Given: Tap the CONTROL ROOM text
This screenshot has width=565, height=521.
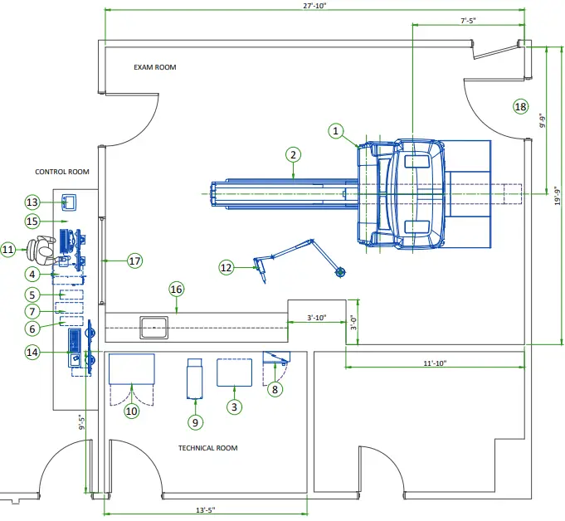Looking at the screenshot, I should pos(62,173).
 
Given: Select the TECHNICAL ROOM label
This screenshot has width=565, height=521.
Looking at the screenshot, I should pos(208,448).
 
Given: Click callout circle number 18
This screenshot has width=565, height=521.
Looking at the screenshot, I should pos(520,106).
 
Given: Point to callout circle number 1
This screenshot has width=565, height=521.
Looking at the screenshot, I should pos(336,130).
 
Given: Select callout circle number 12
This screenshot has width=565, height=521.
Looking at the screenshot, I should pos(227,267).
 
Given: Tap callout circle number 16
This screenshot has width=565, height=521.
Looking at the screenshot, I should pos(176,289).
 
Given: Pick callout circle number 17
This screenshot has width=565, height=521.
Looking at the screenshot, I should pos(135,260).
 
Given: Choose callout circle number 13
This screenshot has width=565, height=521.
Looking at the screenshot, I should pos(33,202).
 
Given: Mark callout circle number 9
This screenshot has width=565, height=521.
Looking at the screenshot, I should pos(196,422).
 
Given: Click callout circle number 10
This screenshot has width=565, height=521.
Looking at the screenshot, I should pos(131,411).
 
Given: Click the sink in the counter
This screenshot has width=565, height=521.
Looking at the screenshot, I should pos(155,326).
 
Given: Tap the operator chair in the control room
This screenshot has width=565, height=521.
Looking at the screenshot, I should pos(41,246).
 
